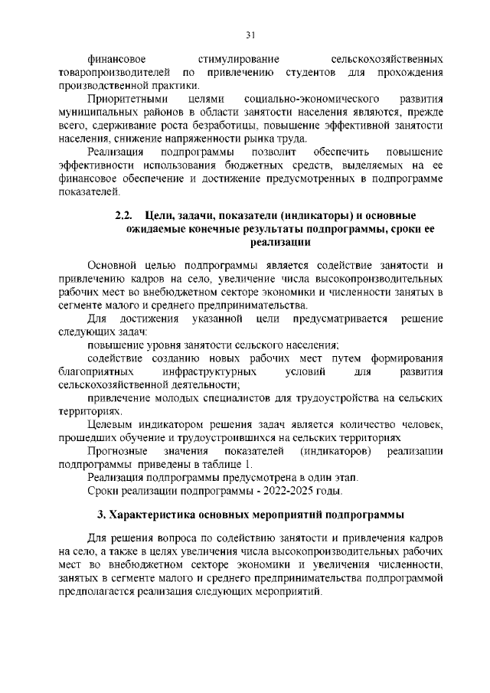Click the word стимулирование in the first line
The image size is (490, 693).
(x=238, y=59)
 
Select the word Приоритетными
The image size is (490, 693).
(x=125, y=100)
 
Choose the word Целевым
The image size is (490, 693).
(x=113, y=425)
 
